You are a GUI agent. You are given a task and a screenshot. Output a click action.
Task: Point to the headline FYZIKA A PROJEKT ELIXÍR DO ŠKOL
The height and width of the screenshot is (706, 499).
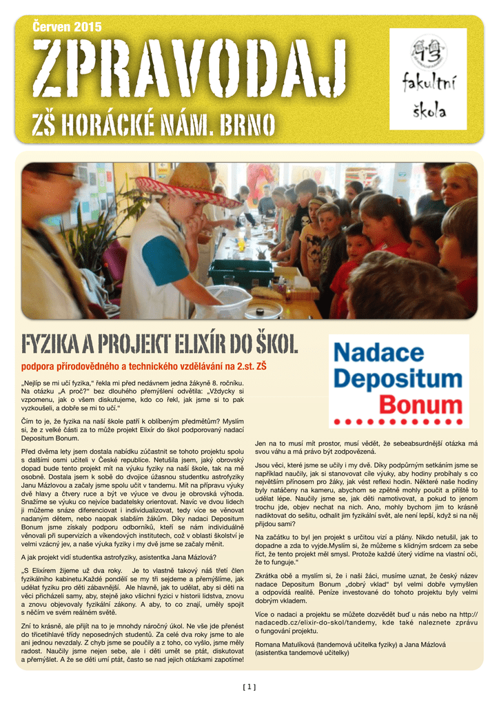click(159, 343)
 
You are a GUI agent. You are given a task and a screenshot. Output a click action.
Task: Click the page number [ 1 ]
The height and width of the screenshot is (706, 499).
click(249, 686)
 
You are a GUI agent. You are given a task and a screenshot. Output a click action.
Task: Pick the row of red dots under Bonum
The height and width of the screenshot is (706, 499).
click(398, 420)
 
